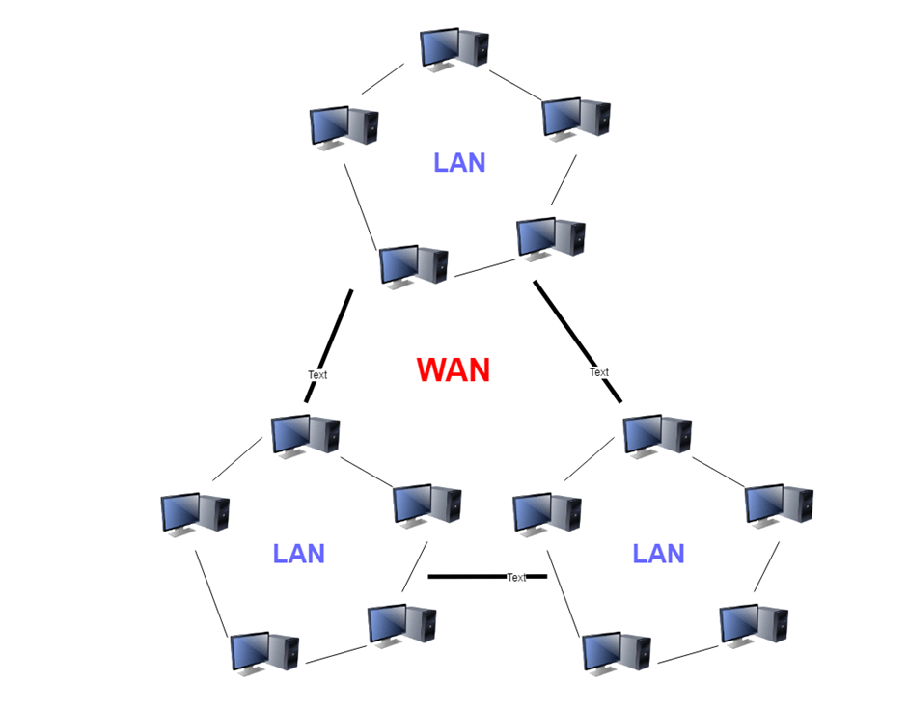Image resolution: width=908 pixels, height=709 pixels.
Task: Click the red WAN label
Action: (453, 369)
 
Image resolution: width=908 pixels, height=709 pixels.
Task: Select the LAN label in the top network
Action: (459, 163)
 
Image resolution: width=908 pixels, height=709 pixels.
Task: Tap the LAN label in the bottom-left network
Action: (298, 554)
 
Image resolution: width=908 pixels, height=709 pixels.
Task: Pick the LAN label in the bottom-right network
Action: (658, 554)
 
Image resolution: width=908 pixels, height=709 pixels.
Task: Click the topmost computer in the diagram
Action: (454, 48)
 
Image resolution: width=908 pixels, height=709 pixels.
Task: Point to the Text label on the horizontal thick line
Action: (516, 577)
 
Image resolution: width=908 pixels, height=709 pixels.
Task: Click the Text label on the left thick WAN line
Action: (317, 375)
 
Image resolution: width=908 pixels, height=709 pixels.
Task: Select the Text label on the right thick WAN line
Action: (599, 372)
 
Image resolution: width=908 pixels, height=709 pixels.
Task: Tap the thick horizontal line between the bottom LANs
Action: (487, 577)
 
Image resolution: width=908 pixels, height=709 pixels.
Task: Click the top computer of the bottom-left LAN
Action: (305, 436)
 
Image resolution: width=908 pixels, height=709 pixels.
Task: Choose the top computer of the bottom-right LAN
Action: (657, 436)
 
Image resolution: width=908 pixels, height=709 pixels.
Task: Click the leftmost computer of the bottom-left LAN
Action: (195, 514)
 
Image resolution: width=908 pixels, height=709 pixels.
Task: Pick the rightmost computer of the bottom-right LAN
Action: (779, 505)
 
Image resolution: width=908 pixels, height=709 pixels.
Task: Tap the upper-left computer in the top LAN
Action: (344, 127)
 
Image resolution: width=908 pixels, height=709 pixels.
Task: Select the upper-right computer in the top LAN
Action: (576, 120)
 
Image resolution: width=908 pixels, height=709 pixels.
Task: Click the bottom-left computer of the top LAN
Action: (413, 266)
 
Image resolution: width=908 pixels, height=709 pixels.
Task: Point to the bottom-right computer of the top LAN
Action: (551, 239)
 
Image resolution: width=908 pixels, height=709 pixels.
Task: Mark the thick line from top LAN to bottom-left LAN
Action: (328, 346)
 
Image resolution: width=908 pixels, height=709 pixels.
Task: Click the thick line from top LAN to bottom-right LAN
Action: (577, 341)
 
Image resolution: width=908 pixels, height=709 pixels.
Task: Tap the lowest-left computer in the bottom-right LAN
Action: (617, 653)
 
